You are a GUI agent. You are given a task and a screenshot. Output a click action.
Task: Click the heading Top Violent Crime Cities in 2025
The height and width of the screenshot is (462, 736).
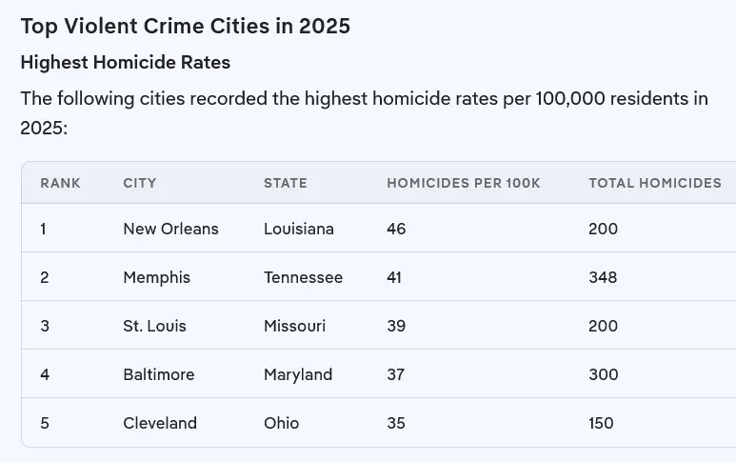(186, 26)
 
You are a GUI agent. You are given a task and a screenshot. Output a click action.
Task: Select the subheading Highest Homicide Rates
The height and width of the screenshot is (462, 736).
(126, 63)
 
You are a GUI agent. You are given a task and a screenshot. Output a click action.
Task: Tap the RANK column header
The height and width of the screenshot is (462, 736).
(60, 183)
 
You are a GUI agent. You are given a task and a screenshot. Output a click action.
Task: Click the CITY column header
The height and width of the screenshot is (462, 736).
(140, 183)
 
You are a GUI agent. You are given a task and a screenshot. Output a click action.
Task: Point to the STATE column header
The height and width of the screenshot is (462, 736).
(286, 183)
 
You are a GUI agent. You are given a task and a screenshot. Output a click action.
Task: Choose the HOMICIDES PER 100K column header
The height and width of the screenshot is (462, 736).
(463, 183)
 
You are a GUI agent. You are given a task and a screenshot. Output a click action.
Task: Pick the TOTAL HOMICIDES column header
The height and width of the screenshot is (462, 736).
(655, 183)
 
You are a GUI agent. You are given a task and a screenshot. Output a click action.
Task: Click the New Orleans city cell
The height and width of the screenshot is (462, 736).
(170, 229)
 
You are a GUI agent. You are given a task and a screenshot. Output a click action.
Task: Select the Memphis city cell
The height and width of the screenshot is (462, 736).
(156, 277)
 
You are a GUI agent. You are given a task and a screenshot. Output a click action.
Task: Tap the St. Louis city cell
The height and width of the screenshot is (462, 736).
(154, 326)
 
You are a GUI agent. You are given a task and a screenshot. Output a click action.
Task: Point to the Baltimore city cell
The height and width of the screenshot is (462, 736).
(158, 374)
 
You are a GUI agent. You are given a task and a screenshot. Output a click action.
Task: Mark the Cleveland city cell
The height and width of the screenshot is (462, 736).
(160, 423)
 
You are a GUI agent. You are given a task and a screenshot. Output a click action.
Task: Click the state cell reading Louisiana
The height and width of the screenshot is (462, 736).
(299, 229)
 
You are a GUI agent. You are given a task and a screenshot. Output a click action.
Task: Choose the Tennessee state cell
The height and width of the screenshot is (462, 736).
(303, 277)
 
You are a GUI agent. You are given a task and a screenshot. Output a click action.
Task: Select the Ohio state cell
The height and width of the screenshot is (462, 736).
(281, 423)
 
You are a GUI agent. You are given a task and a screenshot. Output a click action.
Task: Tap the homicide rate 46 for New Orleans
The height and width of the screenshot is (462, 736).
(396, 229)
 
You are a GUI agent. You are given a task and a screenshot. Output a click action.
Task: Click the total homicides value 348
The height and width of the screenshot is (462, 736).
(603, 277)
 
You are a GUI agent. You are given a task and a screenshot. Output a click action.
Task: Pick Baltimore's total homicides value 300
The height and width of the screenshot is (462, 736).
(603, 374)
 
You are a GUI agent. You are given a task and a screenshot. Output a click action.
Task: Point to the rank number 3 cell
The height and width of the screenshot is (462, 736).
(45, 326)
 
